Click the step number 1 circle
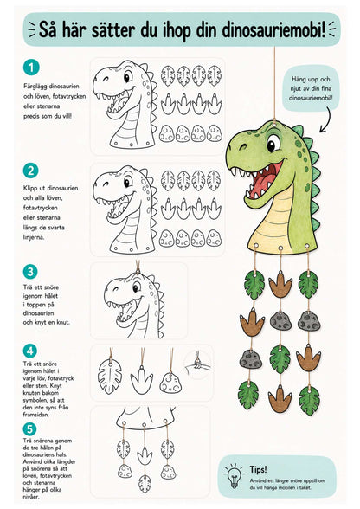(31, 68)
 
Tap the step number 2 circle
(31, 171)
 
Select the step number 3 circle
(30, 272)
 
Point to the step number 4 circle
(30, 351)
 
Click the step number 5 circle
(29, 429)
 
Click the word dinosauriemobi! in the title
(273, 29)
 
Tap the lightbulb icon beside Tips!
(234, 476)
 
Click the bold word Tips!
(259, 469)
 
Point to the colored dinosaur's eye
(273, 144)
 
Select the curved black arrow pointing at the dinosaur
(326, 119)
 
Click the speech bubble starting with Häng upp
(311, 88)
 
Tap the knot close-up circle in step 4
(197, 365)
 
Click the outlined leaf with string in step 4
(110, 376)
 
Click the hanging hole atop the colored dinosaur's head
(275, 123)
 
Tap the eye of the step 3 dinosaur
(137, 287)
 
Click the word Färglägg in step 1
(35, 87)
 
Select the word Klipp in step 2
(30, 189)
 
